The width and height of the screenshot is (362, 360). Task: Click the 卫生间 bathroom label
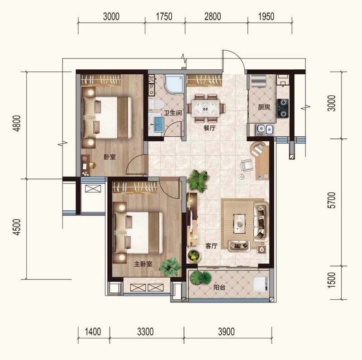click(173, 113)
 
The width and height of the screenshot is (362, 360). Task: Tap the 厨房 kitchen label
click(264, 107)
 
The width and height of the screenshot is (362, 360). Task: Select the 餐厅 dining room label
click(210, 128)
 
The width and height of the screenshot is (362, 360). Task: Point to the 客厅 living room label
click(211, 246)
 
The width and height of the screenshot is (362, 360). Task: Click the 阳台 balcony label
click(219, 288)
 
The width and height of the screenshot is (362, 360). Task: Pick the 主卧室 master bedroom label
click(143, 264)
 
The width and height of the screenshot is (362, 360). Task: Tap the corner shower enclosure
click(174, 85)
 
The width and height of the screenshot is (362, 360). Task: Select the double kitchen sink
click(265, 130)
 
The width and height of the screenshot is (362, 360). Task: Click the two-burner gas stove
click(283, 108)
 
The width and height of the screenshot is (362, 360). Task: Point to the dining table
click(206, 108)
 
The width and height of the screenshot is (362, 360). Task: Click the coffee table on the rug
click(240, 223)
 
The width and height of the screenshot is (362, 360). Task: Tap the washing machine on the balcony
click(261, 284)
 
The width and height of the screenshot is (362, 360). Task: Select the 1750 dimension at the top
click(164, 17)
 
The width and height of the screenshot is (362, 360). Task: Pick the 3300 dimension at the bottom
click(145, 332)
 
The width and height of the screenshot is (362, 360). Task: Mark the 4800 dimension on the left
click(17, 123)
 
